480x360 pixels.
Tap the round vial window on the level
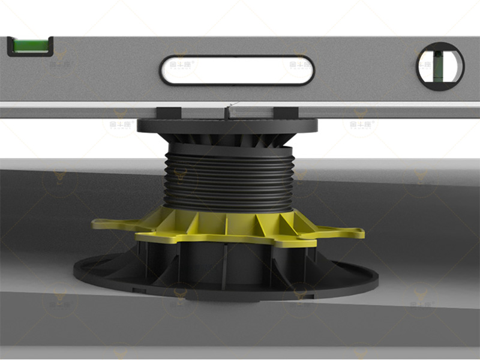pos(440,63)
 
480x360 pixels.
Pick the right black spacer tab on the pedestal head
pos(281,112)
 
